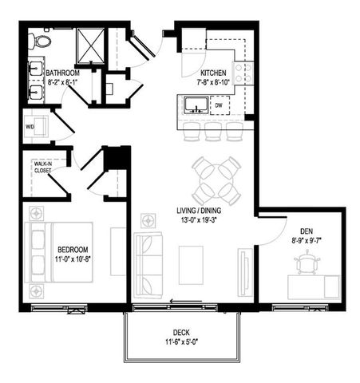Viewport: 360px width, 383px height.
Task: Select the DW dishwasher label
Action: tap(219, 105)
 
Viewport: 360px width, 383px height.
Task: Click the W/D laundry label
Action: tap(30, 127)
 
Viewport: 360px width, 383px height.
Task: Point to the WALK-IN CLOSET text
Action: tap(44, 166)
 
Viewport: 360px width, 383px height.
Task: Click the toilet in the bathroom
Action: tap(42, 40)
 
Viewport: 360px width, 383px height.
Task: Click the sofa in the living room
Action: tap(148, 264)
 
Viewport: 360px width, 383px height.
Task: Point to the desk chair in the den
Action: tap(307, 259)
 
